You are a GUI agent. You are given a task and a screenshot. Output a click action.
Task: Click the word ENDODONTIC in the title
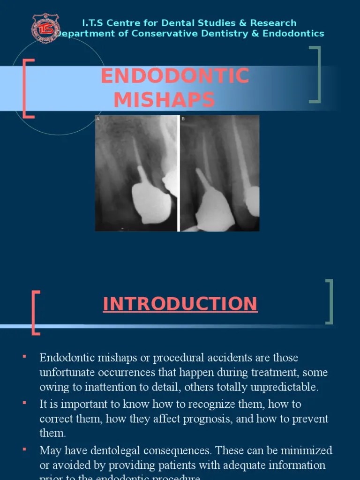175,76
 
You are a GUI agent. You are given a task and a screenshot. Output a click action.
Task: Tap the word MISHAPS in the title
165,99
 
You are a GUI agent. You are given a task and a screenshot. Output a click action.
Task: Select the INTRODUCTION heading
180,304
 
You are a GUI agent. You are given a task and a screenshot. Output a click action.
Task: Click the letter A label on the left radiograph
98,119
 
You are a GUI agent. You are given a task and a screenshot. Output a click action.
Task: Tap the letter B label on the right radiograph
183,119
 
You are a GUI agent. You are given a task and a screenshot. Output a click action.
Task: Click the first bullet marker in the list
24,358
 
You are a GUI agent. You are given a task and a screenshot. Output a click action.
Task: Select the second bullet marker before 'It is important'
24,403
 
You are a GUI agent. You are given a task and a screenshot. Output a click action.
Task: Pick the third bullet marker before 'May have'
24,449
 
